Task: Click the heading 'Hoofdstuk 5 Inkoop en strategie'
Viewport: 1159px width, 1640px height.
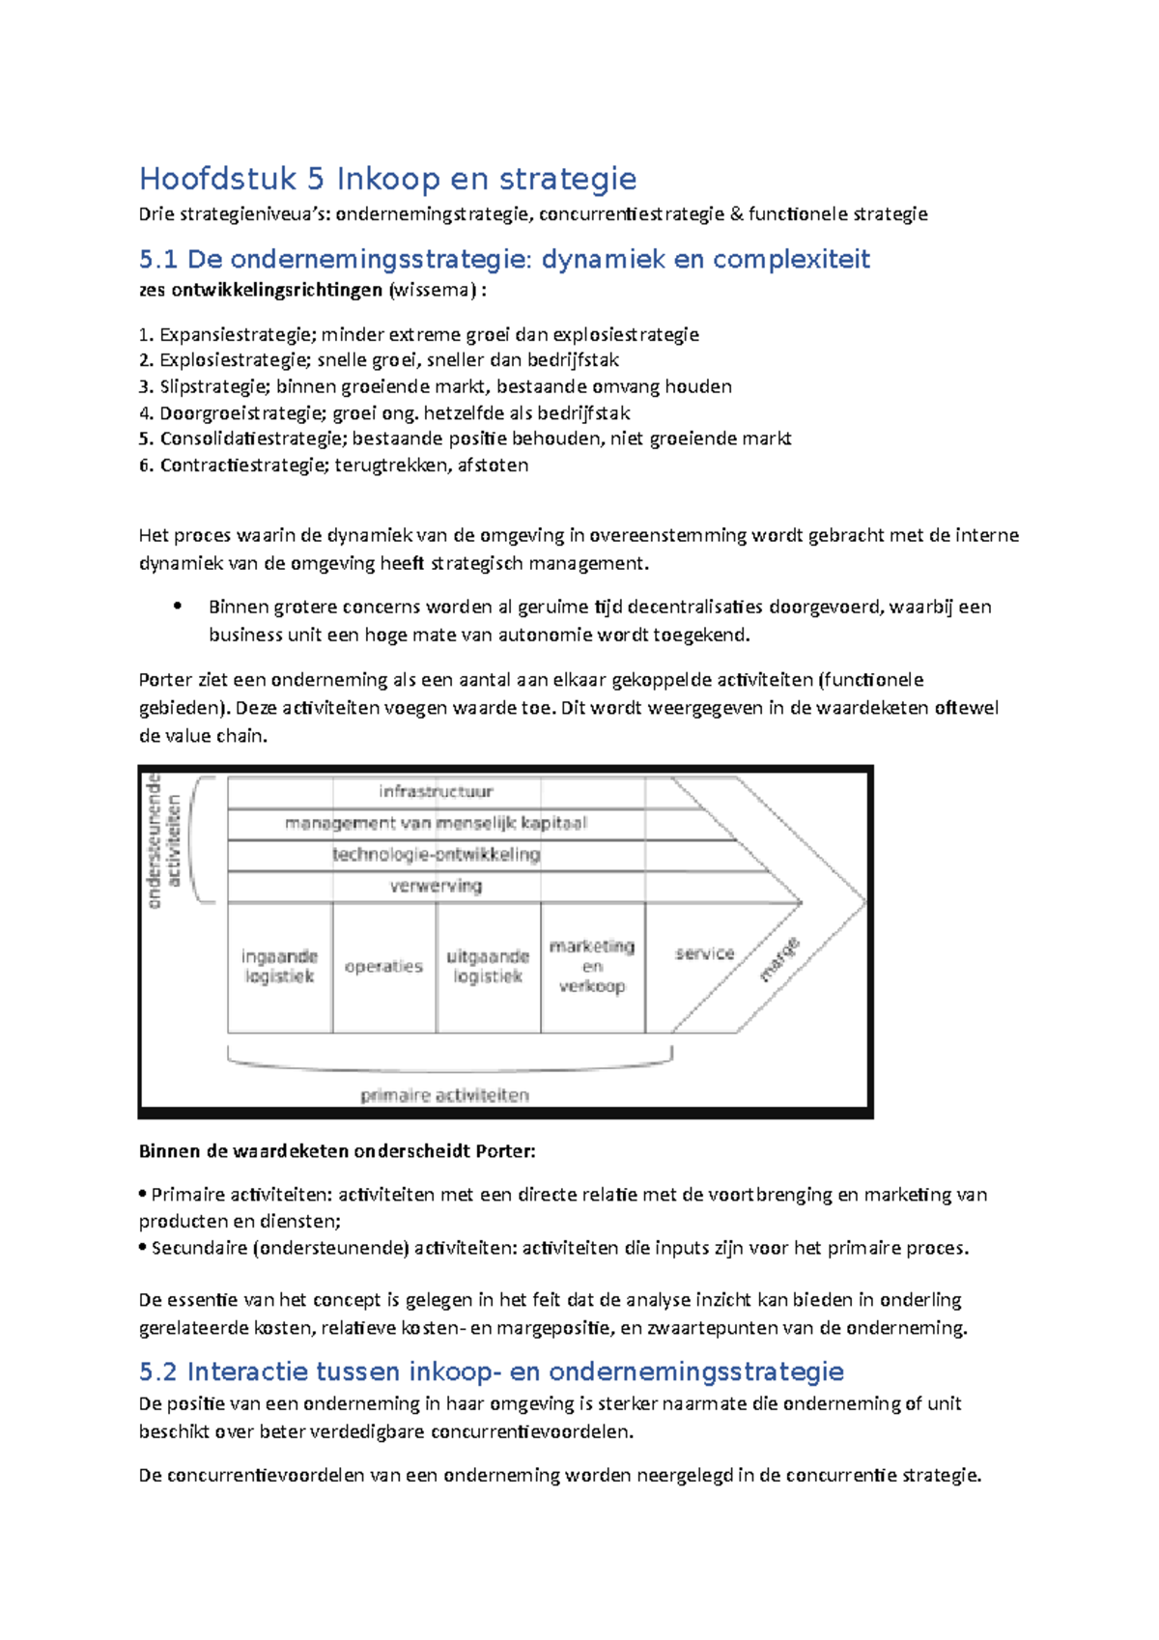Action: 387,179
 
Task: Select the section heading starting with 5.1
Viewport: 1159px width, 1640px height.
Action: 504,259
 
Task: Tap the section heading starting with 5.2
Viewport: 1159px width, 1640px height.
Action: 491,1371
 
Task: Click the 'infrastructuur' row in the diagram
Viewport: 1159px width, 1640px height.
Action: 436,792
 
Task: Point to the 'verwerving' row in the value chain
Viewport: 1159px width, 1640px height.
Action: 436,886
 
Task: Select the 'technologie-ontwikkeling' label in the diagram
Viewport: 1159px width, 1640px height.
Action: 436,855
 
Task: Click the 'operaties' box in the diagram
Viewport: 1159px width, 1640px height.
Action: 383,967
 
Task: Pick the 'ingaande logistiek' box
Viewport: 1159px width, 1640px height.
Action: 279,967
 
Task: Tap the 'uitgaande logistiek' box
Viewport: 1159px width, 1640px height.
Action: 488,967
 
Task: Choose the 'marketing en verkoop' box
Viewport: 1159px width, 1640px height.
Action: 592,966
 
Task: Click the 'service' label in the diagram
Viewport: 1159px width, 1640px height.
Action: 704,953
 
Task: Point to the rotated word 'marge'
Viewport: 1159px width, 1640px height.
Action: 779,960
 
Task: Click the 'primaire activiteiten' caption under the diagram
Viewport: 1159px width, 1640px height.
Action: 444,1095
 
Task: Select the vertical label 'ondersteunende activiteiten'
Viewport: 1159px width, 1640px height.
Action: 163,840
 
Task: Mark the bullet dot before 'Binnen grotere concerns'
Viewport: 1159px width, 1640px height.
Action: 178,607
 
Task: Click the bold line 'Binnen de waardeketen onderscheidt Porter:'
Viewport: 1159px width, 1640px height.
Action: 336,1150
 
